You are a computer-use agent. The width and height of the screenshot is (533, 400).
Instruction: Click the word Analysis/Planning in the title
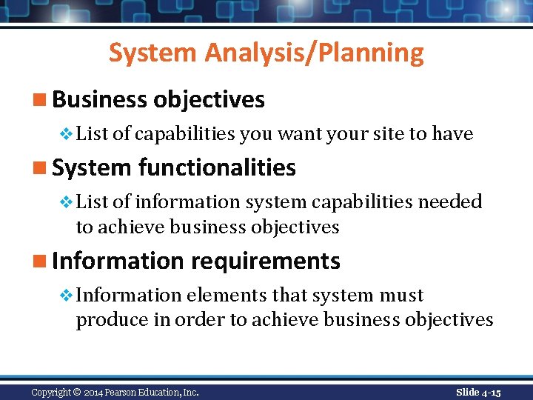315,53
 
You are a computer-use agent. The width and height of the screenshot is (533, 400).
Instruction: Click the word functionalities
217,168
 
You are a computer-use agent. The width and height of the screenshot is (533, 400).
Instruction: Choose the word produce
110,320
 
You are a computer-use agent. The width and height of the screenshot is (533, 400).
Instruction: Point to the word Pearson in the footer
132,392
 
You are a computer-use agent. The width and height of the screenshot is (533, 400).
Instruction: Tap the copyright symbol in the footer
78,392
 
